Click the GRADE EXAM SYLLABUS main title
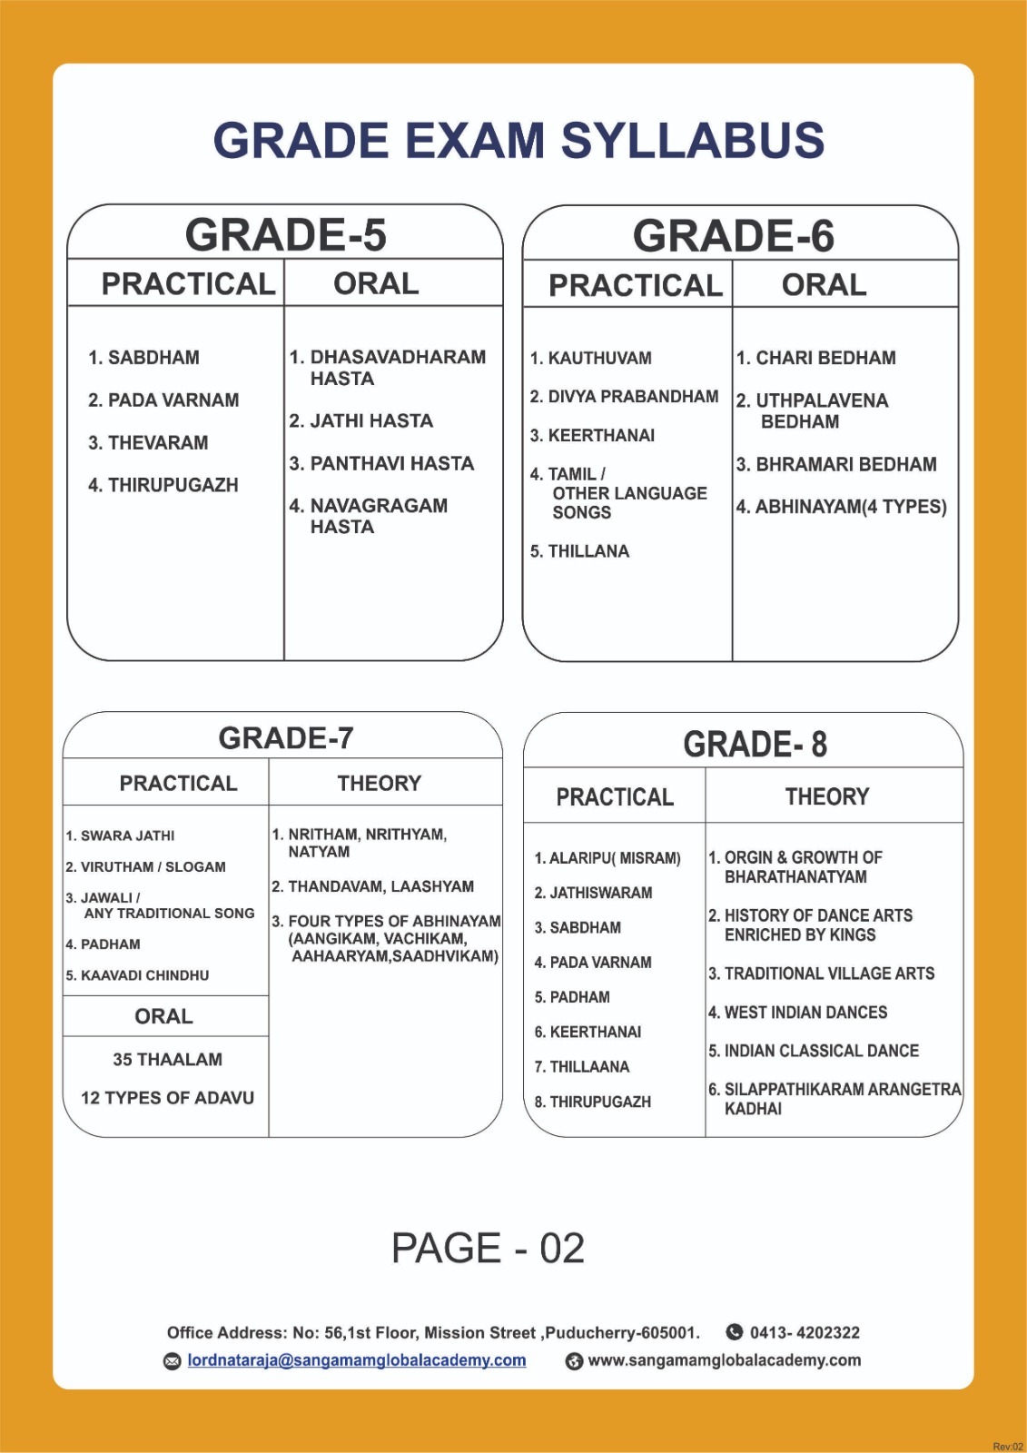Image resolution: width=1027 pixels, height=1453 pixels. tap(518, 141)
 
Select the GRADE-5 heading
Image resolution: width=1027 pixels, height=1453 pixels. tap(285, 234)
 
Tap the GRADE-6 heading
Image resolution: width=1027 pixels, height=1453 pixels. tap(733, 236)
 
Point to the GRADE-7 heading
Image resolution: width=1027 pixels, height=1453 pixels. tap(285, 738)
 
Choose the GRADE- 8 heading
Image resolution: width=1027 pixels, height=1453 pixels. tap(755, 745)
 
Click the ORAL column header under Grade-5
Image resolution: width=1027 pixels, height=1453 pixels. tap(376, 284)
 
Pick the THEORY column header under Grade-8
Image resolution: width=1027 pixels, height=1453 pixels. tap(826, 797)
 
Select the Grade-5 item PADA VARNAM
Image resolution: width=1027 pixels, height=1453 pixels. tap(163, 400)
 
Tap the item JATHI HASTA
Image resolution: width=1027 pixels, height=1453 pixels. tap(361, 421)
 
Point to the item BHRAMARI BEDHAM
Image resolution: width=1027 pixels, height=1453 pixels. tap(836, 465)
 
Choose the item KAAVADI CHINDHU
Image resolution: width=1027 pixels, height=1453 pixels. tap(137, 975)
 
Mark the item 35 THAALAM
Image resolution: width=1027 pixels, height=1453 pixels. tap(167, 1060)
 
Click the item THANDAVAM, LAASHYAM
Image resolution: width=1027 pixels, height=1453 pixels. tap(372, 886)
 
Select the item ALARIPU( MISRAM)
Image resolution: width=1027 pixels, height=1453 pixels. tap(607, 858)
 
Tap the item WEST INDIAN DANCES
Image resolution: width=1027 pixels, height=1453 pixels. tap(797, 1013)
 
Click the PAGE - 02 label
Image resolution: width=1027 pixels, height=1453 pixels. tap(488, 1249)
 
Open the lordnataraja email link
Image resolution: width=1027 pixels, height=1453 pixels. tap(356, 1360)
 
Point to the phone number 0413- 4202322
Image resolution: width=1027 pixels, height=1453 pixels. tap(804, 1333)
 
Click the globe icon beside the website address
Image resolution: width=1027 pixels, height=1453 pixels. tap(574, 1361)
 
